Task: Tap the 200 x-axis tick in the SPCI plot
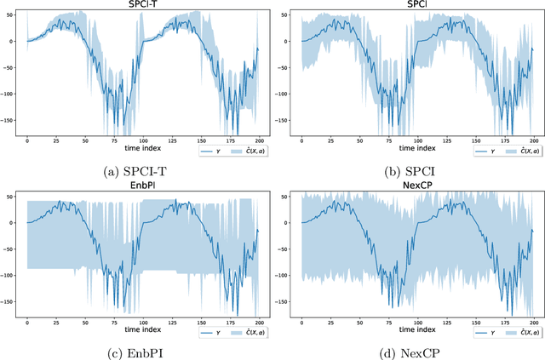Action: pyautogui.click(x=533, y=140)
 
